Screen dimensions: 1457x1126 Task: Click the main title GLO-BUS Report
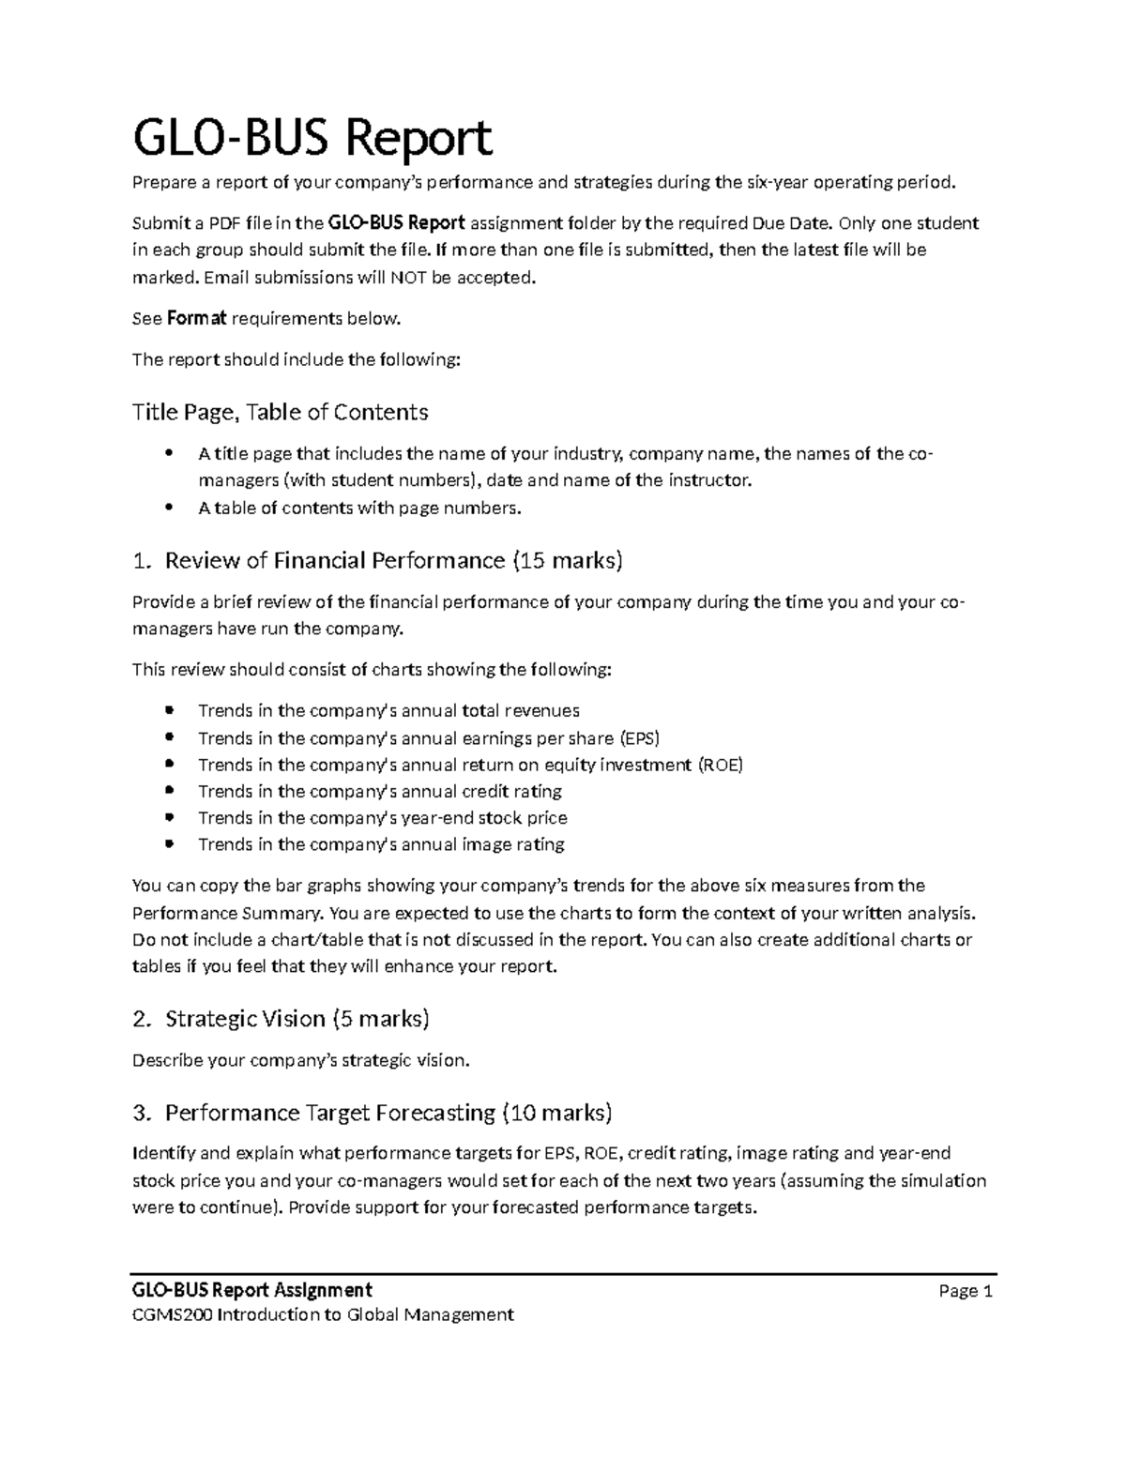coord(312,139)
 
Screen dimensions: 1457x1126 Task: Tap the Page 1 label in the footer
coord(966,1291)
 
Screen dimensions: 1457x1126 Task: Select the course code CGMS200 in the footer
coord(173,1314)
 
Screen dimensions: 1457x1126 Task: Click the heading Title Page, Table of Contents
coord(280,412)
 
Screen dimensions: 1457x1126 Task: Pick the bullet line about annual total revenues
coord(388,711)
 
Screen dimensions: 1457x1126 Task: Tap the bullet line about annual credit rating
coord(380,791)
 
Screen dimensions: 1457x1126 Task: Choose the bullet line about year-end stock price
coord(382,818)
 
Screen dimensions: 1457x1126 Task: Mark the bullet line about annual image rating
coord(381,844)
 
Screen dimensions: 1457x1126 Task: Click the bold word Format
coord(196,319)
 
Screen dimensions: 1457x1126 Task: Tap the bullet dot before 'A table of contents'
coord(169,508)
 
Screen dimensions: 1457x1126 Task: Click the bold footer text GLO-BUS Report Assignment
coord(252,1290)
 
